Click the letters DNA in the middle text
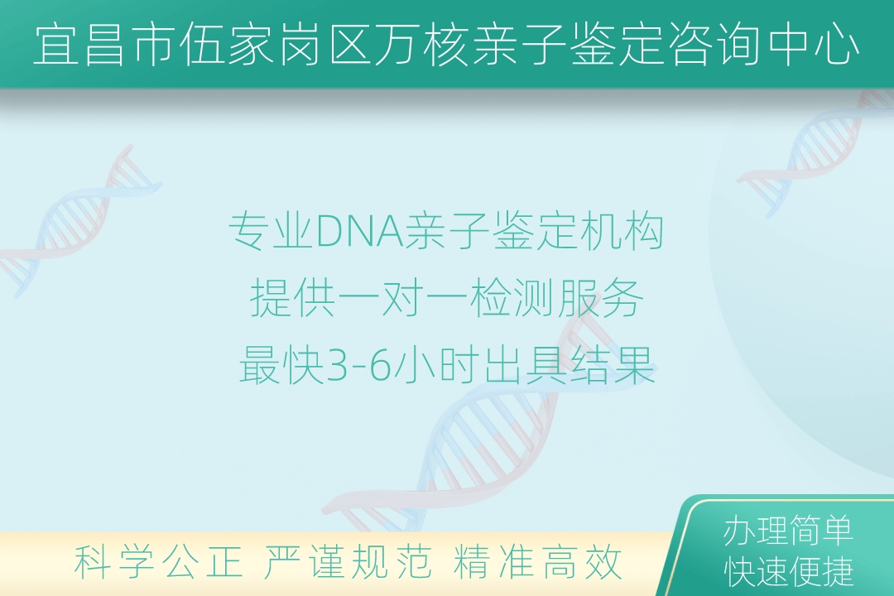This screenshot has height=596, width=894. coord(359,232)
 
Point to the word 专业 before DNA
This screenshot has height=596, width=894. coord(272,232)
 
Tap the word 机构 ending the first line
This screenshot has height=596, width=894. coord(620,232)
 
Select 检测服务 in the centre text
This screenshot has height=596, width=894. coord(556,298)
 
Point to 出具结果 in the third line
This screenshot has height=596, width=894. coord(570,366)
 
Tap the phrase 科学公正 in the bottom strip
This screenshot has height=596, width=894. coord(158,562)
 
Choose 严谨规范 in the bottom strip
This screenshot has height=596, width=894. coord(348,562)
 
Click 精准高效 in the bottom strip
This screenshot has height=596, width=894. coord(537,562)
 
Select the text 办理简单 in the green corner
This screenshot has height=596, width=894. coord(788,531)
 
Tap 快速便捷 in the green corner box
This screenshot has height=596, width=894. coord(788,571)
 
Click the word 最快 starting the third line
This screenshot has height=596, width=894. coord(281,366)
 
